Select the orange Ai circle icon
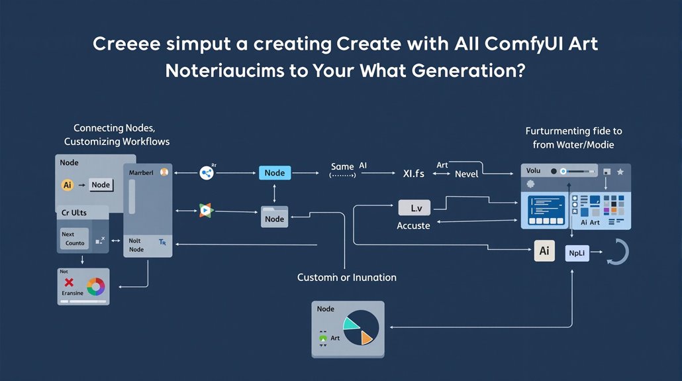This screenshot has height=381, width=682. [67, 186]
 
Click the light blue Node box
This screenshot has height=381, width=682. [274, 173]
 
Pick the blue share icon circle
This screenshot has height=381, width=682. [207, 173]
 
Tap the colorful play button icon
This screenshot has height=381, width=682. [207, 210]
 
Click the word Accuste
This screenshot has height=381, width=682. [413, 226]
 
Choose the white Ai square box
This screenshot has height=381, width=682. [544, 251]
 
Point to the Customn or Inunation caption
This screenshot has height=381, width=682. [346, 277]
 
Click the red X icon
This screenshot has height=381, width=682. [68, 283]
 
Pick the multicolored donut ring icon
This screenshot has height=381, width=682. [95, 286]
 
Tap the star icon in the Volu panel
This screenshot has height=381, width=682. [620, 172]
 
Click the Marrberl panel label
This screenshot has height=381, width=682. [140, 172]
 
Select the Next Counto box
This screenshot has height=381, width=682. [74, 239]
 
